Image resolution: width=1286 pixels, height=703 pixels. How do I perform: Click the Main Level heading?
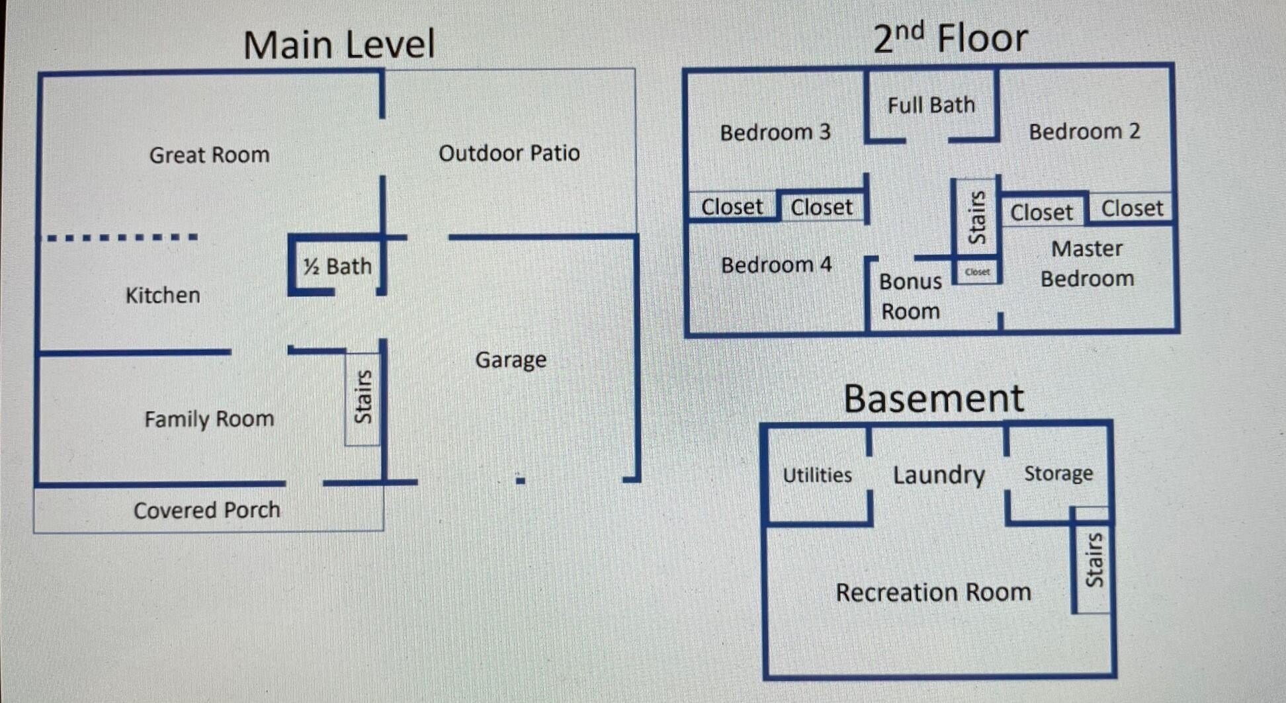339,45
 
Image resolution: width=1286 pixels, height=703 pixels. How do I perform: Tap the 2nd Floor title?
950,38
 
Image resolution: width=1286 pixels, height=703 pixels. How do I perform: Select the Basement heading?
933,399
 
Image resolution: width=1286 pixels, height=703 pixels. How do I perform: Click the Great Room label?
209,155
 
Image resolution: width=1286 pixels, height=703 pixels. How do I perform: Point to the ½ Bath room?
337,266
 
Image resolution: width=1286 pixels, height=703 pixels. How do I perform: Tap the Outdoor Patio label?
509,153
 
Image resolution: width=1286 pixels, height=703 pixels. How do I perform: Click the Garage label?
511,360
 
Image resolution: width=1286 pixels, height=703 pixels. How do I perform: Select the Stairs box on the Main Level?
363,397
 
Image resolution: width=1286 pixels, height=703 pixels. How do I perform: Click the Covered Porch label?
206,510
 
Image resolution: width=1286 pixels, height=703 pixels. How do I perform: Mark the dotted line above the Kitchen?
122,237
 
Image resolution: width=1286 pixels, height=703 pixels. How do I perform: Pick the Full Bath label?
931,105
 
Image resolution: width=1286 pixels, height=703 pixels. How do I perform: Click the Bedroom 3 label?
775,132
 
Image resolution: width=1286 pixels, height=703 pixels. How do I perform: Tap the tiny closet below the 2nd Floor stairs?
977,272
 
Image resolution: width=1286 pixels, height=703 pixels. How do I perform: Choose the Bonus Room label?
910,296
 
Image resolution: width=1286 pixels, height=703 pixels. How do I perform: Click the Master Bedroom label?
1087,264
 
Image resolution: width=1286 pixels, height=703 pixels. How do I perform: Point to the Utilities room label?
817,475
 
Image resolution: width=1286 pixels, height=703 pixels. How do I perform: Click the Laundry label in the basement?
939,475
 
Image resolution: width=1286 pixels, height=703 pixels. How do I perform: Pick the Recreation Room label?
933,592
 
